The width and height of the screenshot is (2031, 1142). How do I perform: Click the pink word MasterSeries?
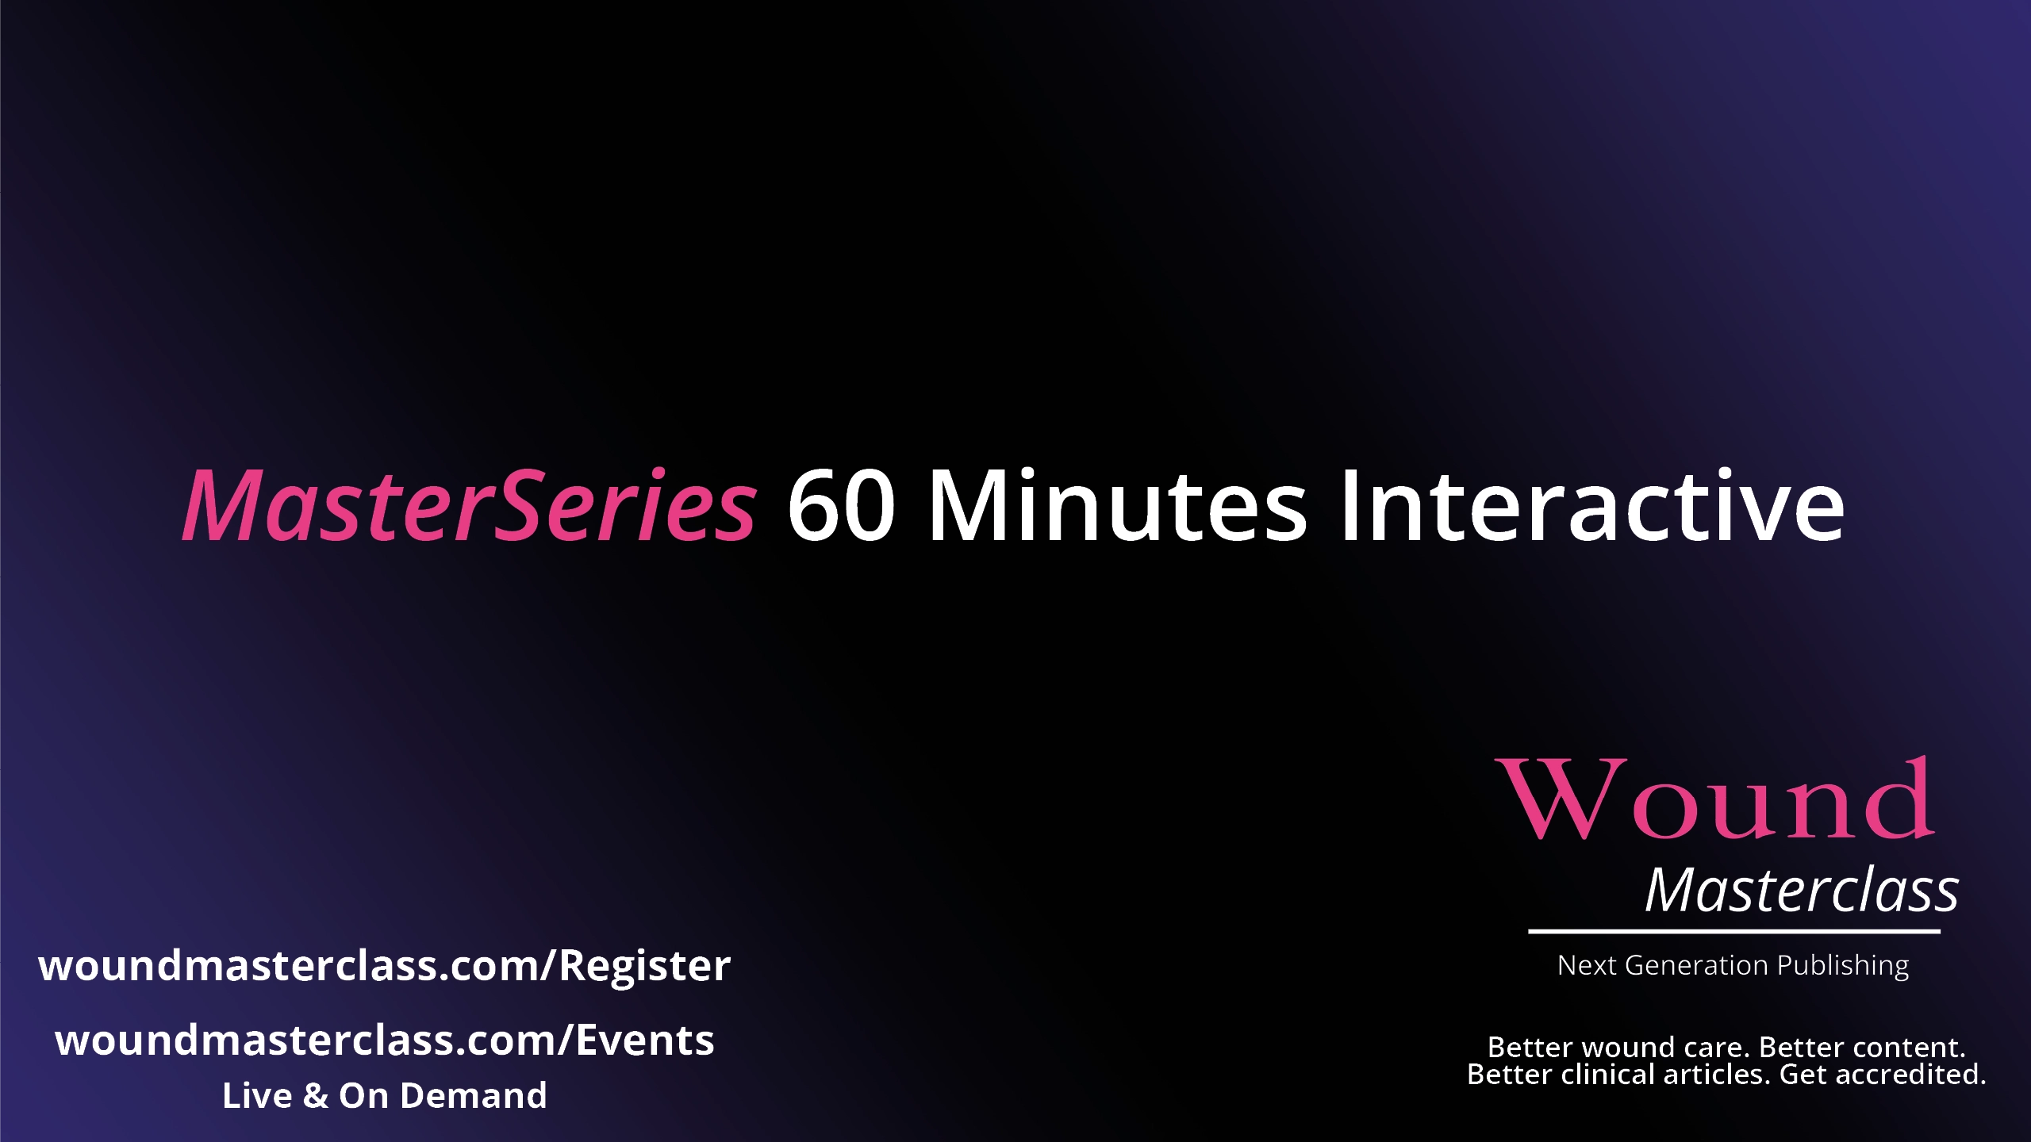click(x=470, y=505)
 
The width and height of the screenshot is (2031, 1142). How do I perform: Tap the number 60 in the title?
click(x=841, y=505)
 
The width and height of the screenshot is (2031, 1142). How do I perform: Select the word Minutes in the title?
click(x=1117, y=505)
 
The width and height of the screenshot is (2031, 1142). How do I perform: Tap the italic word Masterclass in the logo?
click(x=1802, y=890)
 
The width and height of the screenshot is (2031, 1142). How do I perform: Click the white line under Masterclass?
click(x=1734, y=931)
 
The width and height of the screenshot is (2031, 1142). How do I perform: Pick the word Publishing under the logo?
click(x=1843, y=967)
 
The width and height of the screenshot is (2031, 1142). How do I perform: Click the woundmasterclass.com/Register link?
click(x=385, y=966)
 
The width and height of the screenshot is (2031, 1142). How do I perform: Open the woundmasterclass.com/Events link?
click(x=385, y=1040)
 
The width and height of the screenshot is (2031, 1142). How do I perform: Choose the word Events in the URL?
click(x=645, y=1040)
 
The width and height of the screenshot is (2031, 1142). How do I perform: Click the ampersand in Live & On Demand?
click(x=316, y=1096)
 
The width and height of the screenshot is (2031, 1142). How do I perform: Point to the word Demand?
click(x=474, y=1096)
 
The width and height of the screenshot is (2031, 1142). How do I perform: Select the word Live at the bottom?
click(x=258, y=1096)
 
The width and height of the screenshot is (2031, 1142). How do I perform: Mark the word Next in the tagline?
click(x=1588, y=965)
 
